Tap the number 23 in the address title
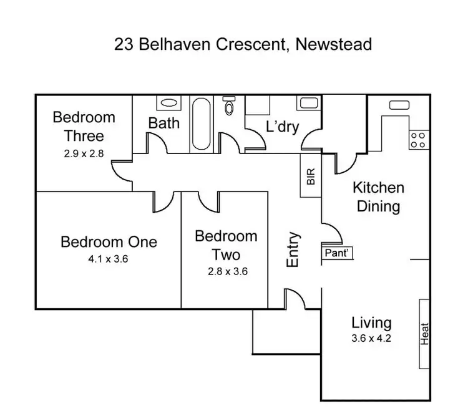coord(123,44)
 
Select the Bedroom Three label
coord(84,126)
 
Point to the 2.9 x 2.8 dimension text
coord(84,151)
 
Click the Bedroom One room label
coord(109,241)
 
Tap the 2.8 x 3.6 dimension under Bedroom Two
coord(225,271)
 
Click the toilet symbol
coord(229,107)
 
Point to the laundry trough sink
coord(308,103)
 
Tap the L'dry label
coord(282,127)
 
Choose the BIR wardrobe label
coord(311,178)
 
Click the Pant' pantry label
coord(338,253)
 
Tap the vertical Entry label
coord(293,250)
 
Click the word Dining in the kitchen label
coord(378,206)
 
